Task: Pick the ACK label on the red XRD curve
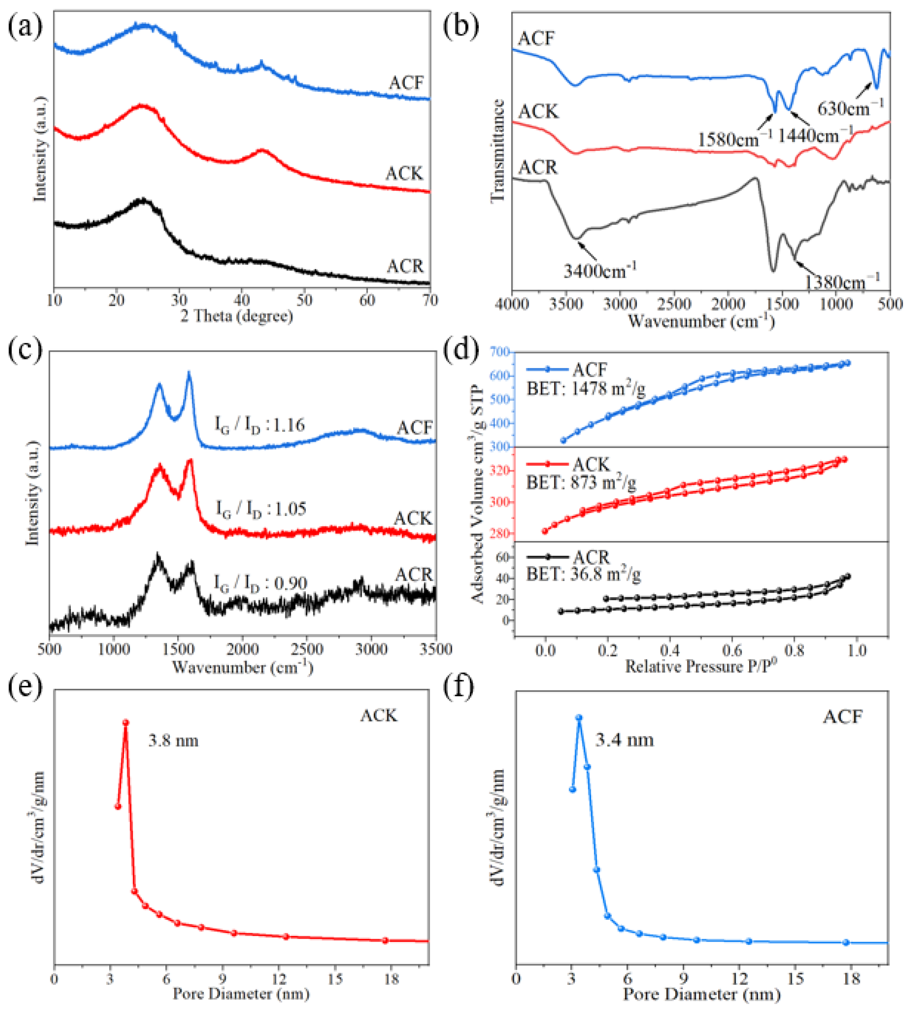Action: [404, 174]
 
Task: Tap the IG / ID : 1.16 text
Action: [260, 426]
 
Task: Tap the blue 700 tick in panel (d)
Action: [501, 352]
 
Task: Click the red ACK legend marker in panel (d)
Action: [548, 465]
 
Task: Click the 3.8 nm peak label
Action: [173, 741]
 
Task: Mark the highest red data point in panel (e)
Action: [126, 723]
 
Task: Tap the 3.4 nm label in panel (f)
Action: [625, 740]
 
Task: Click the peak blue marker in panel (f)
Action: [579, 717]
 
